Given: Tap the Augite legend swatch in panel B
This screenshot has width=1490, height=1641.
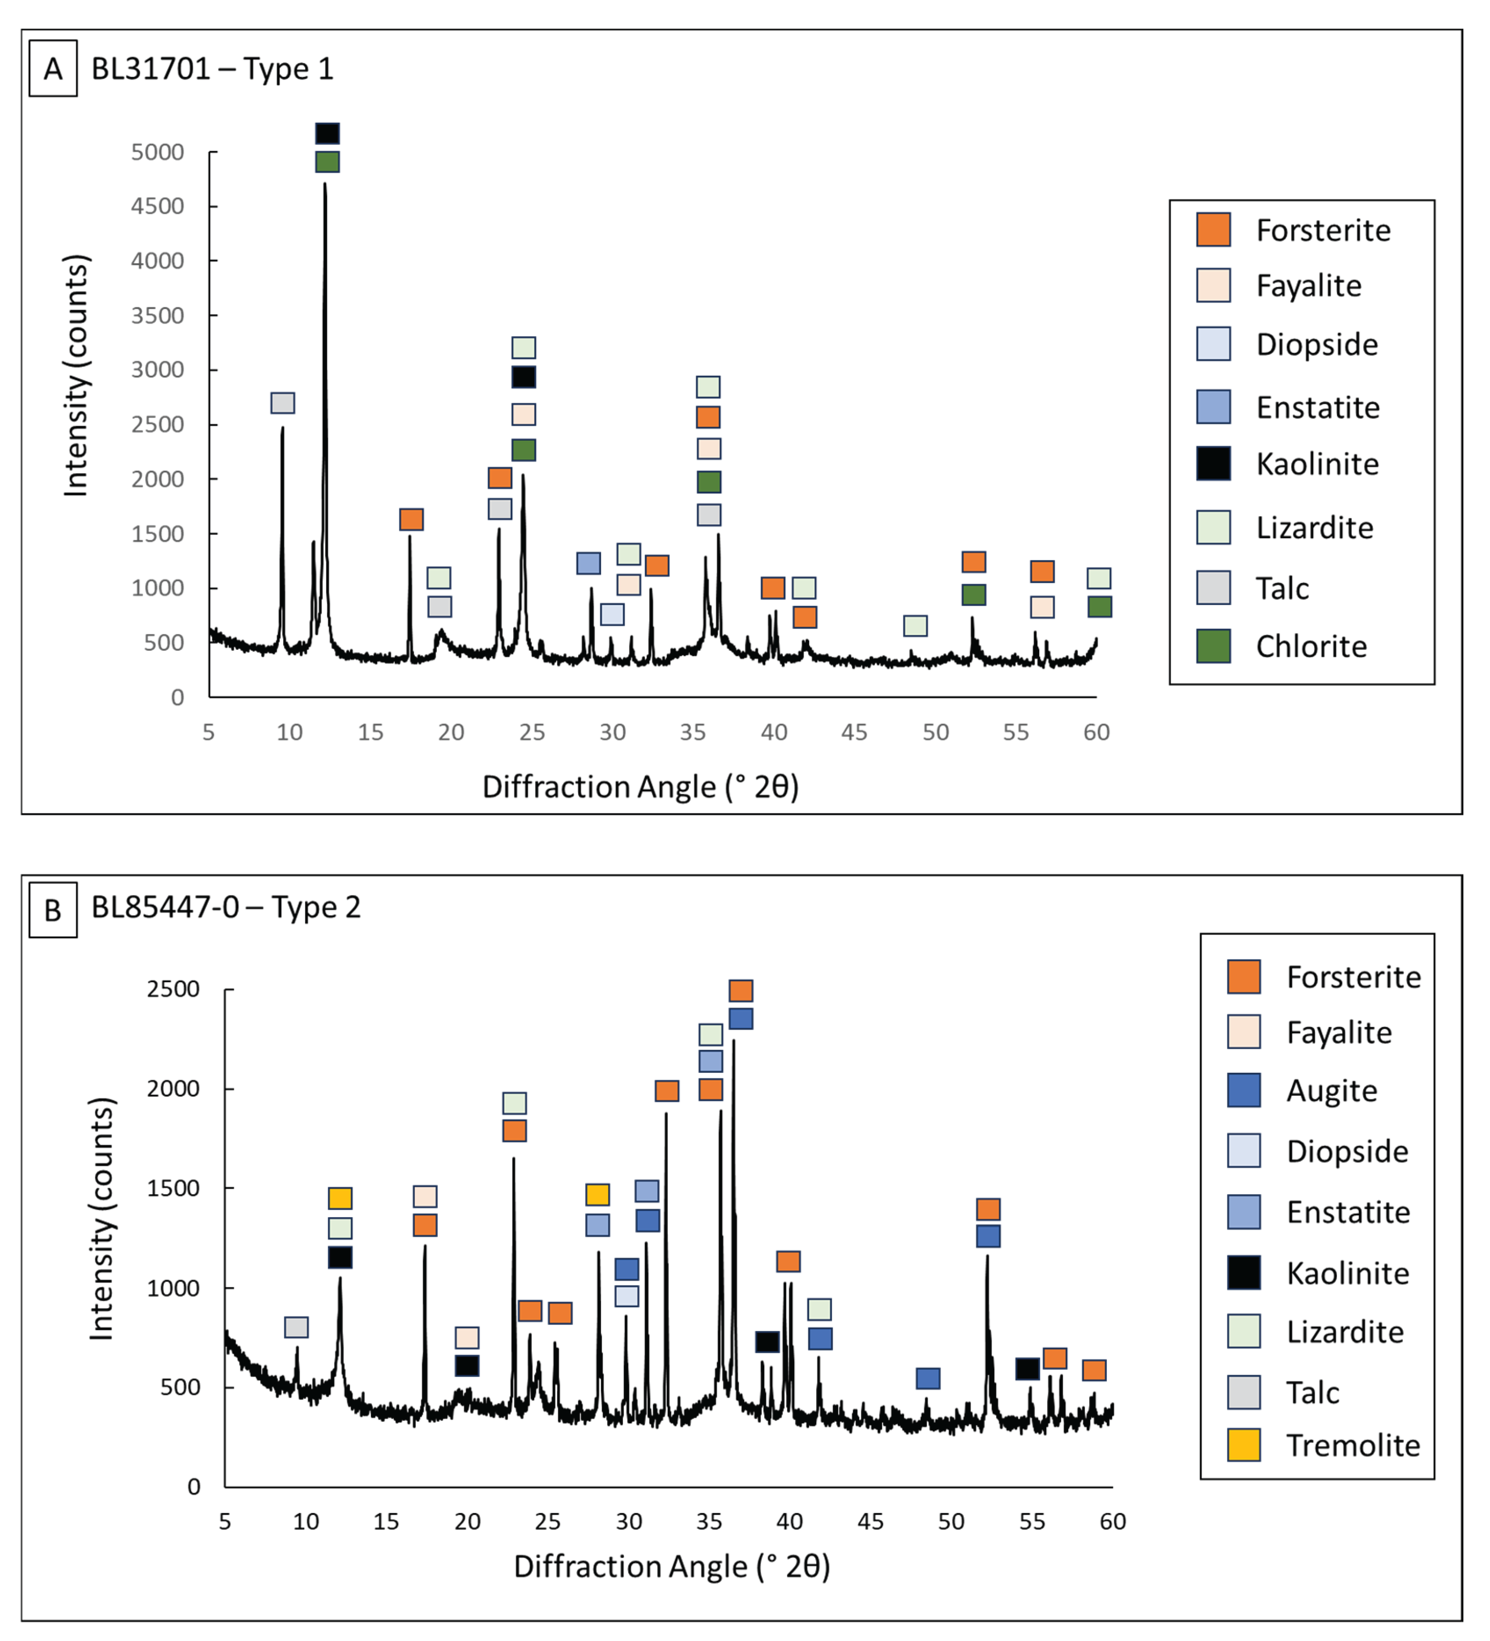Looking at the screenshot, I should pos(1244,1091).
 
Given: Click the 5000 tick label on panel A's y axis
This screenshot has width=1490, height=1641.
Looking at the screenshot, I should pos(157,152).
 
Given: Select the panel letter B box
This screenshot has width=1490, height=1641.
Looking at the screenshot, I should pos(53,910).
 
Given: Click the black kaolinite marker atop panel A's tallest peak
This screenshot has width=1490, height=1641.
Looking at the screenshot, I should pos(327,134).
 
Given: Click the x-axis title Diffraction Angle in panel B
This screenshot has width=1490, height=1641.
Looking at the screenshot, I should pos(672,1566).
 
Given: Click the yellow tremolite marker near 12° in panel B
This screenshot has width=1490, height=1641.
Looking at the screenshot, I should pos(340,1198).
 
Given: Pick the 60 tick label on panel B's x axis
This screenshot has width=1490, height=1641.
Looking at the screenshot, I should pos(1112,1522).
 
